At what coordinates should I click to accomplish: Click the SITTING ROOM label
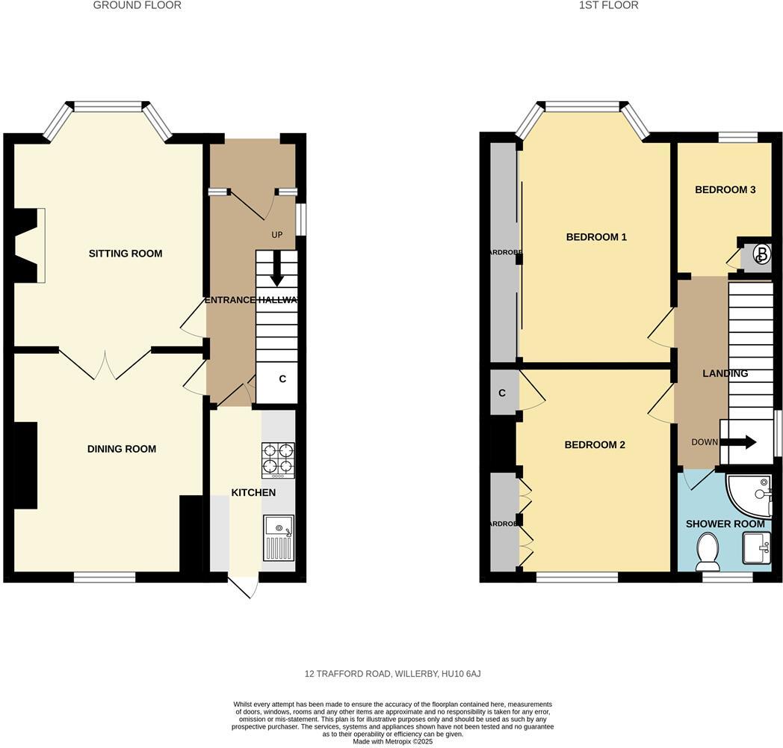[x=125, y=254]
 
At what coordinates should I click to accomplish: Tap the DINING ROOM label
[x=121, y=449]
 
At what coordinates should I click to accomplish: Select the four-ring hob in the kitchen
[x=277, y=460]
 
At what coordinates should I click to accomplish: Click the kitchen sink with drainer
[x=278, y=538]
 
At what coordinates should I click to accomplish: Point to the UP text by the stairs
[x=277, y=235]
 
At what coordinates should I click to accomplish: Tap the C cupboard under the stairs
[x=282, y=379]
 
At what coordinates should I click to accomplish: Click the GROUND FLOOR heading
[x=137, y=5]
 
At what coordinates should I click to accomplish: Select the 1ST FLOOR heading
[x=608, y=5]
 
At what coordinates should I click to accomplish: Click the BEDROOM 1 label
[x=596, y=237]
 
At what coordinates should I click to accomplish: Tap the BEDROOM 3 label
[x=725, y=190]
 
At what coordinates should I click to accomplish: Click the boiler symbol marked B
[x=761, y=255]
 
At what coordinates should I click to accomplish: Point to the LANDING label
[x=725, y=373]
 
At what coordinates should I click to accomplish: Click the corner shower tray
[x=751, y=493]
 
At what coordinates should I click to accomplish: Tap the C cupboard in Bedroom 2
[x=502, y=393]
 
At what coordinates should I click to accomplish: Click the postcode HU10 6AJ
[x=461, y=674]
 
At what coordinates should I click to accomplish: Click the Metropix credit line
[x=392, y=741]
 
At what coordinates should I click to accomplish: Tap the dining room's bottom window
[x=105, y=577]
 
